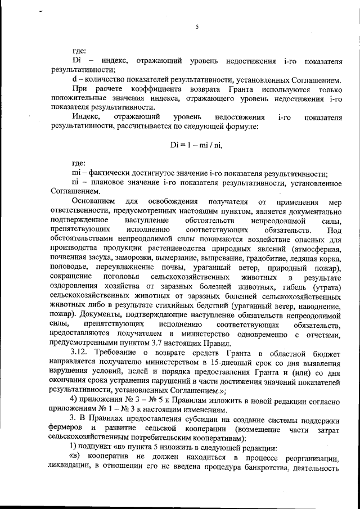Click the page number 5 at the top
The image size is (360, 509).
[x=197, y=26]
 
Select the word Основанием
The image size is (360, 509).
[x=94, y=201]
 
